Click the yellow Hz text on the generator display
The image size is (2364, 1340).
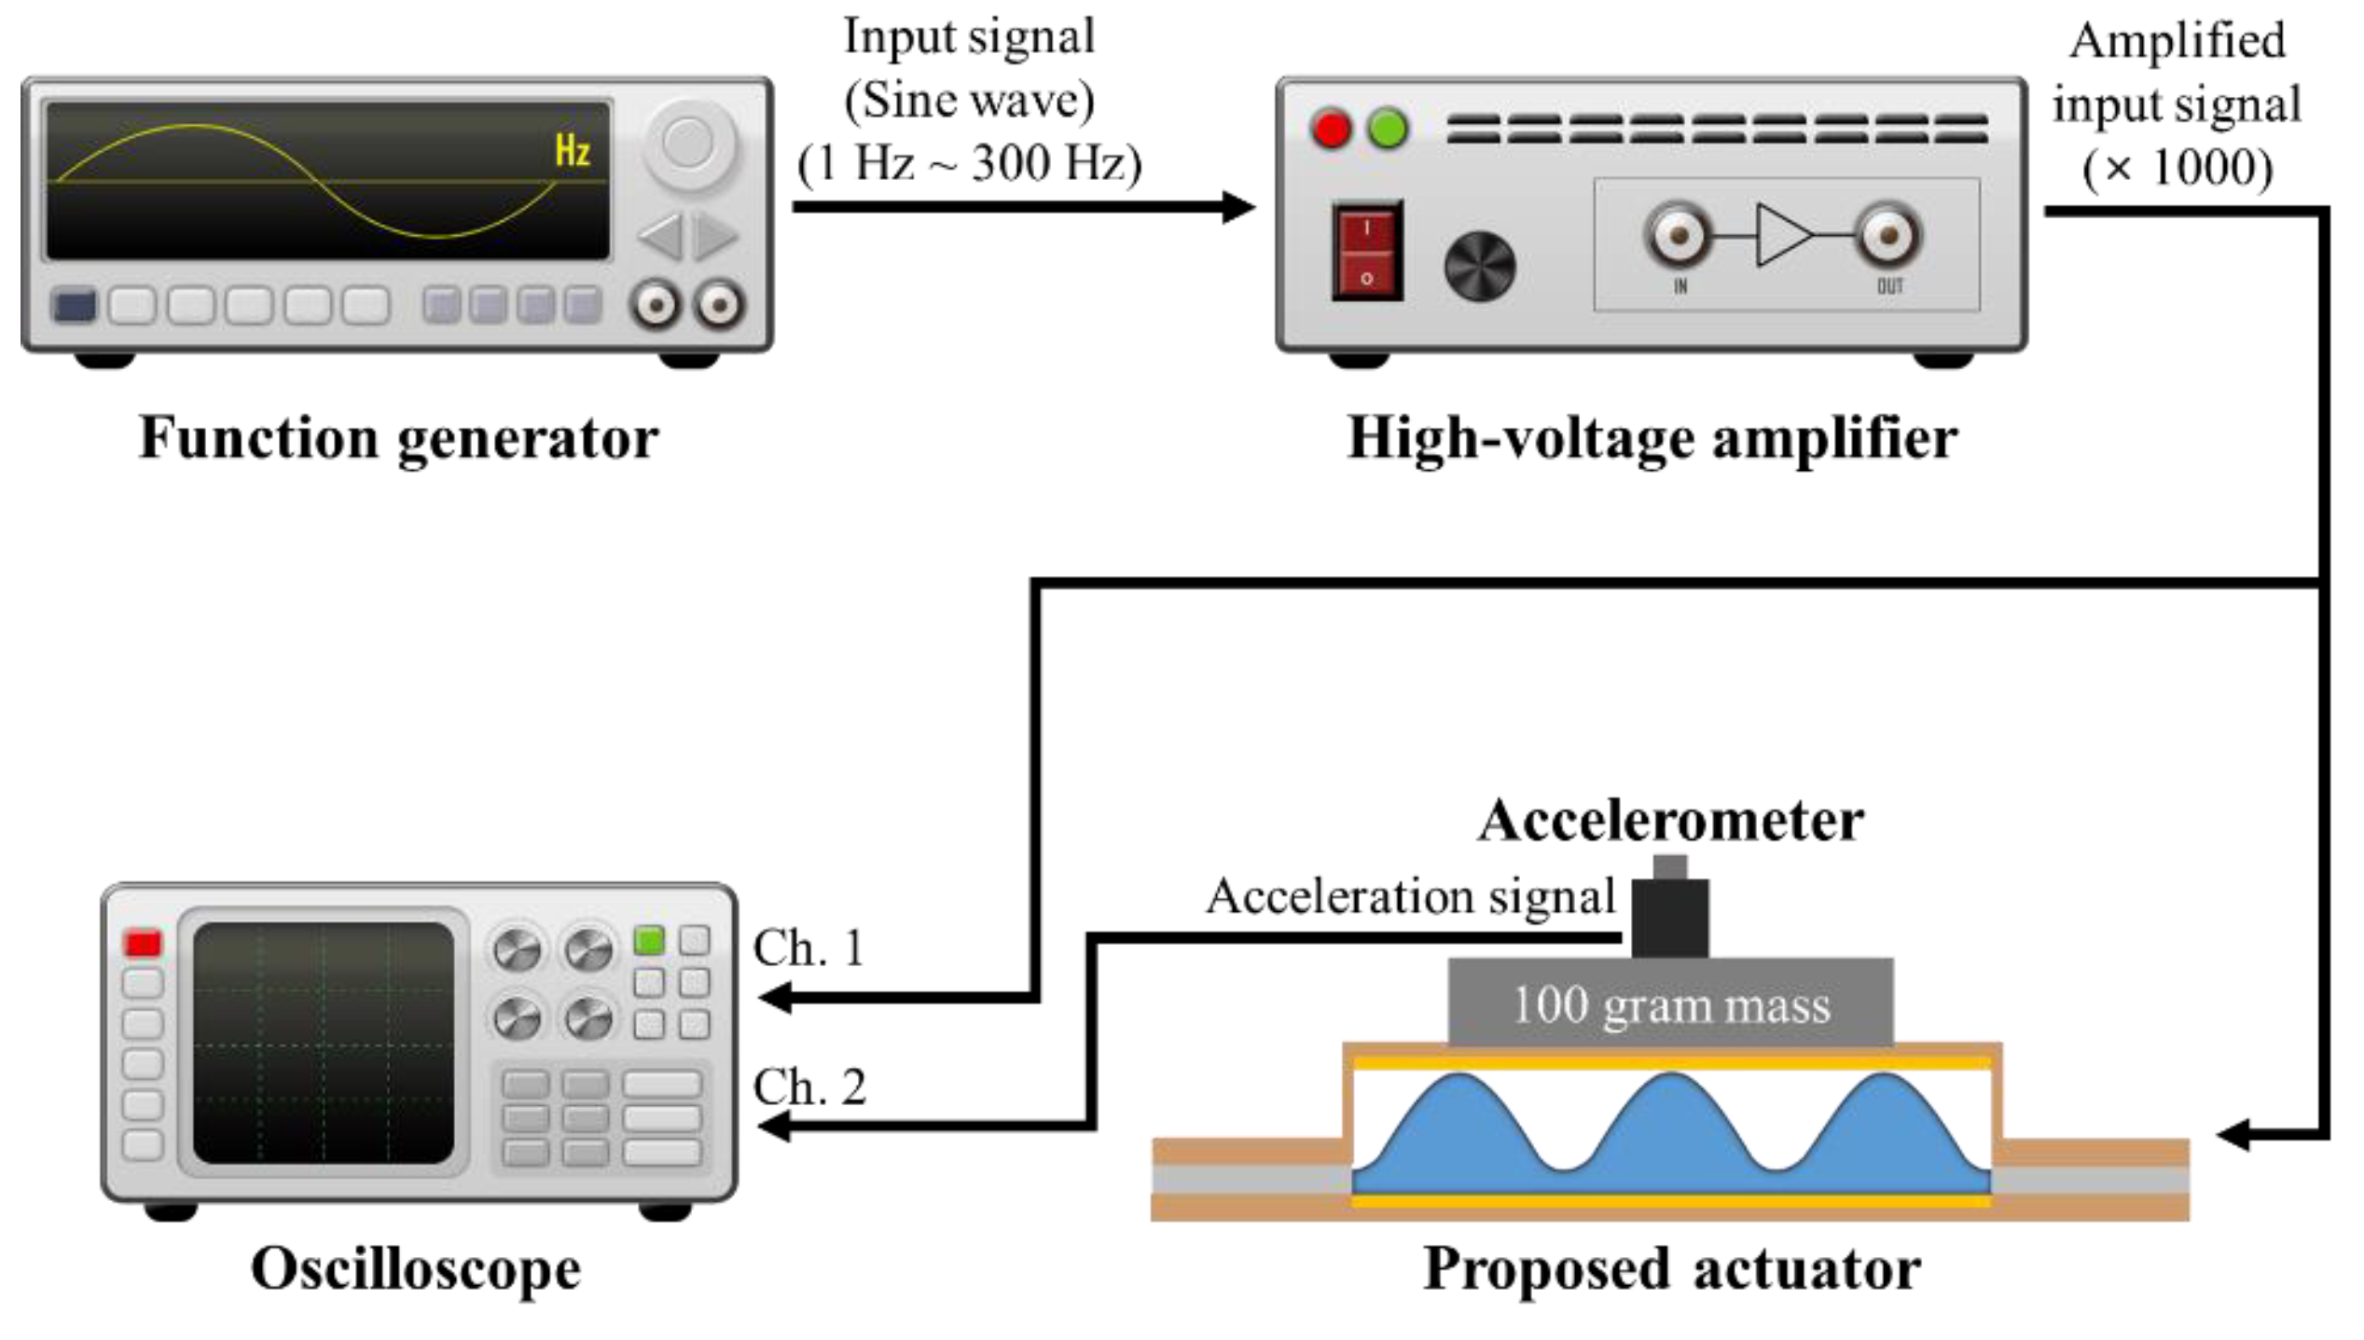(573, 150)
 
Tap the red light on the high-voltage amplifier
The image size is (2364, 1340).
(1330, 129)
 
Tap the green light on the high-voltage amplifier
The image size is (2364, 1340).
(1388, 129)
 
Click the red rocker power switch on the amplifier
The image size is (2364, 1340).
(1366, 251)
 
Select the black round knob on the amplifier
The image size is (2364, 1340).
(1479, 266)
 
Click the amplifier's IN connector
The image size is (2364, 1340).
(1678, 235)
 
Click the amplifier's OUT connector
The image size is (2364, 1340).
(1888, 235)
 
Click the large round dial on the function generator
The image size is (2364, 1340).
(688, 145)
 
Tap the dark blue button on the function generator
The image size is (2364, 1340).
(75, 306)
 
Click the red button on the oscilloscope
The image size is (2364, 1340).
(143, 943)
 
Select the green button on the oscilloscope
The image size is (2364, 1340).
(649, 940)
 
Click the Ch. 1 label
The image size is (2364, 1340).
(809, 948)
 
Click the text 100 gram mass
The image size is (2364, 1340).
(1671, 1005)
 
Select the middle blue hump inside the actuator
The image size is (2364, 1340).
(1671, 1133)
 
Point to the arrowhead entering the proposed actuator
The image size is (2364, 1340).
(2234, 1135)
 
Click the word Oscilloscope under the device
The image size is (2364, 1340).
(416, 1269)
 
